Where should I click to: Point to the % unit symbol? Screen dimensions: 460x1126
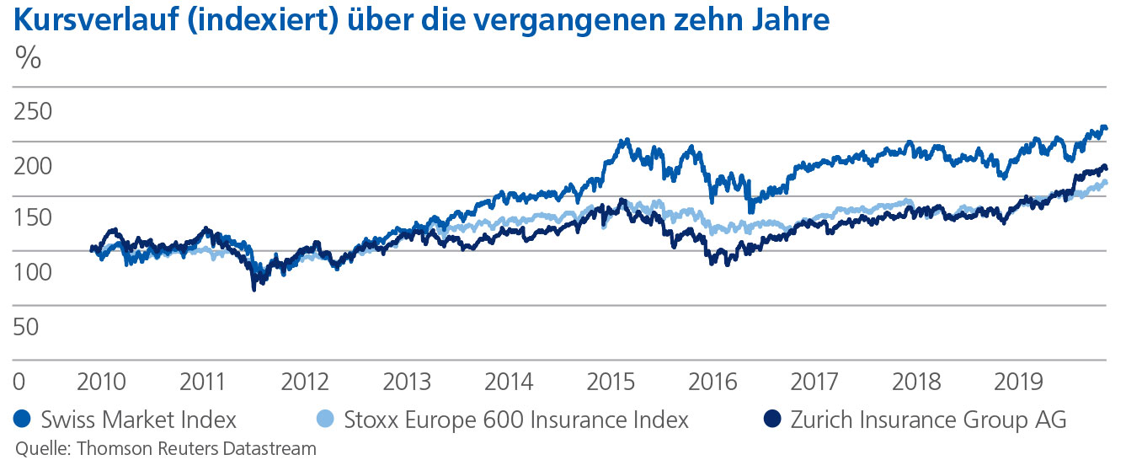click(x=28, y=59)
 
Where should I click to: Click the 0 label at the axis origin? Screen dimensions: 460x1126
click(x=19, y=381)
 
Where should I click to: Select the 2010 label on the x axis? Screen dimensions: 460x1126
click(x=101, y=381)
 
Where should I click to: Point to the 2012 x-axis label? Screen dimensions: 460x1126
click(x=305, y=381)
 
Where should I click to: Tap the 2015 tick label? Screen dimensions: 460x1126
click(x=611, y=381)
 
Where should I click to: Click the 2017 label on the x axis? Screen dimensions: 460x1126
click(x=815, y=381)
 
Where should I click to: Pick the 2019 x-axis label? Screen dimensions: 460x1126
click(x=1019, y=381)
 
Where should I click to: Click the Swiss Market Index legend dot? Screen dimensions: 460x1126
click(x=22, y=420)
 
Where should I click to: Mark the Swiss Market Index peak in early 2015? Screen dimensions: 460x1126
click(x=623, y=141)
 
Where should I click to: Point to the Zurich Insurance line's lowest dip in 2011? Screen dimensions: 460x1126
click(x=254, y=288)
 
